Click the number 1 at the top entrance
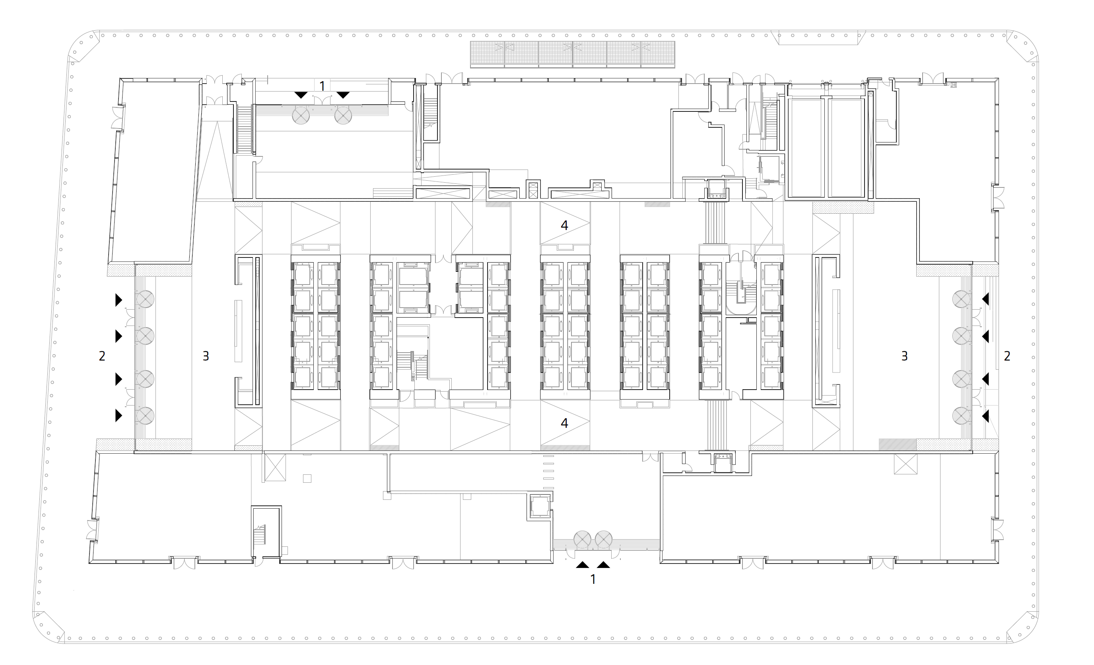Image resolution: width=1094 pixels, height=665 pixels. pyautogui.click(x=323, y=86)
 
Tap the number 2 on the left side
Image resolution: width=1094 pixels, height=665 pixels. pyautogui.click(x=102, y=356)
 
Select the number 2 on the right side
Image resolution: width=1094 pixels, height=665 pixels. pyautogui.click(x=1007, y=356)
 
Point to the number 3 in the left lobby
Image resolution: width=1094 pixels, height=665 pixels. pyautogui.click(x=206, y=356)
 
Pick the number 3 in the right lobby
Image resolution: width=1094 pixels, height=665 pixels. pyautogui.click(x=904, y=356)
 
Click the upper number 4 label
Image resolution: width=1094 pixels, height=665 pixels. pyautogui.click(x=564, y=225)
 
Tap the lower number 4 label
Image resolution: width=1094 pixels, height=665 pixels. pyautogui.click(x=564, y=423)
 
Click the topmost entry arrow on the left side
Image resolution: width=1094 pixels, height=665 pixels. pyautogui.click(x=119, y=300)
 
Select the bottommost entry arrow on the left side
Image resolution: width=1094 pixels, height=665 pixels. pyautogui.click(x=119, y=415)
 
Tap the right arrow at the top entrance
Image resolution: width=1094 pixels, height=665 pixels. pyautogui.click(x=343, y=95)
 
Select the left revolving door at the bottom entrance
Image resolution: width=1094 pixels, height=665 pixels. pyautogui.click(x=582, y=540)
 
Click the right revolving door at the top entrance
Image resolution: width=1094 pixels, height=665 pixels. pyautogui.click(x=343, y=115)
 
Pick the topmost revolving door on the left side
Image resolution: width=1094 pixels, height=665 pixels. pyautogui.click(x=145, y=299)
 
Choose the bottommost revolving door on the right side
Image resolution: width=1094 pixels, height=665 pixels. pyautogui.click(x=961, y=416)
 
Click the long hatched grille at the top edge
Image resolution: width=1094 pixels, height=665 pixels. pyautogui.click(x=573, y=54)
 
